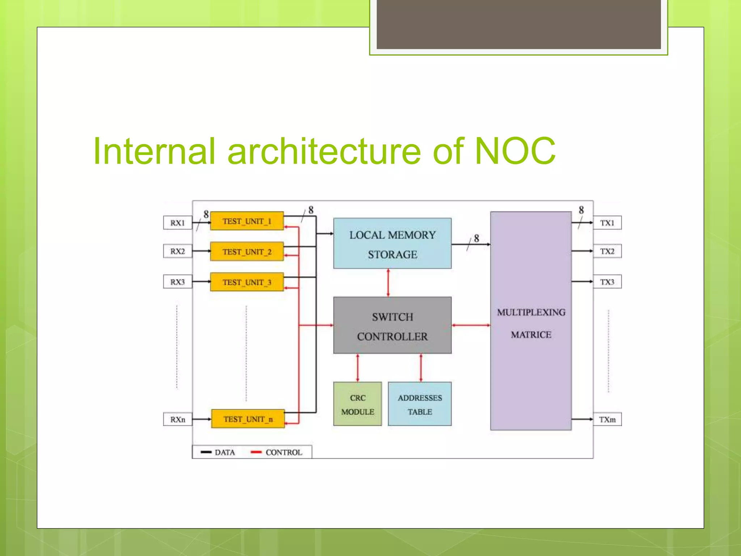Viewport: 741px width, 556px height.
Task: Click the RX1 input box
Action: coord(177,223)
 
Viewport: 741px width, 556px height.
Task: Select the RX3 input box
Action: coord(177,282)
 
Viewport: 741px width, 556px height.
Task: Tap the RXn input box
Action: coord(177,419)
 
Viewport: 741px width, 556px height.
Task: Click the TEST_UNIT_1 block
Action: coord(247,221)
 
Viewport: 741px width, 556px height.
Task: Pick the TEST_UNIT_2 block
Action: coord(247,251)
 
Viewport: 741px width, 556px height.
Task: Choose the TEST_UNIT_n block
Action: coord(248,419)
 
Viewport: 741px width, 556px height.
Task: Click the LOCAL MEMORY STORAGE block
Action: coord(392,243)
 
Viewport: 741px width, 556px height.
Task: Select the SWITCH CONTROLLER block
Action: coord(392,325)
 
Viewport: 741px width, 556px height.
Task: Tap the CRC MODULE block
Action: coord(357,404)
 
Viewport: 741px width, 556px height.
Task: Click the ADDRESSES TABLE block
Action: coord(420,404)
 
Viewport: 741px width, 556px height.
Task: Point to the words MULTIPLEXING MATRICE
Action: coord(531,323)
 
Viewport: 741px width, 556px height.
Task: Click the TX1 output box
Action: coord(607,223)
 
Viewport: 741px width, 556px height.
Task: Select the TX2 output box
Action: coord(607,251)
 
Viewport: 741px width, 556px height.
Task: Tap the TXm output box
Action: coord(607,419)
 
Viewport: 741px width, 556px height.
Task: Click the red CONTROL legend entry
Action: coord(276,452)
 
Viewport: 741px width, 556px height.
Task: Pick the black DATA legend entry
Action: coord(218,452)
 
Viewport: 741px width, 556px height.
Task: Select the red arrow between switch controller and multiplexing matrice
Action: coord(471,325)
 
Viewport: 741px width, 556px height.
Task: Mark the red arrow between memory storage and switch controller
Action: coord(388,283)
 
